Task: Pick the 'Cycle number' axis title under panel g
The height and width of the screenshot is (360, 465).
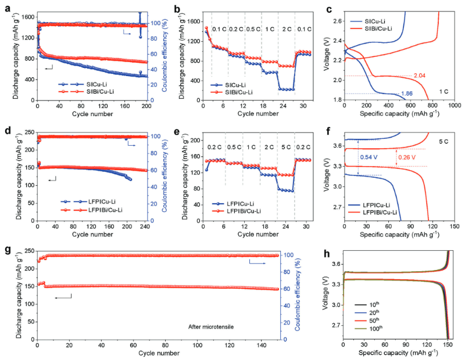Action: point(159,354)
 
